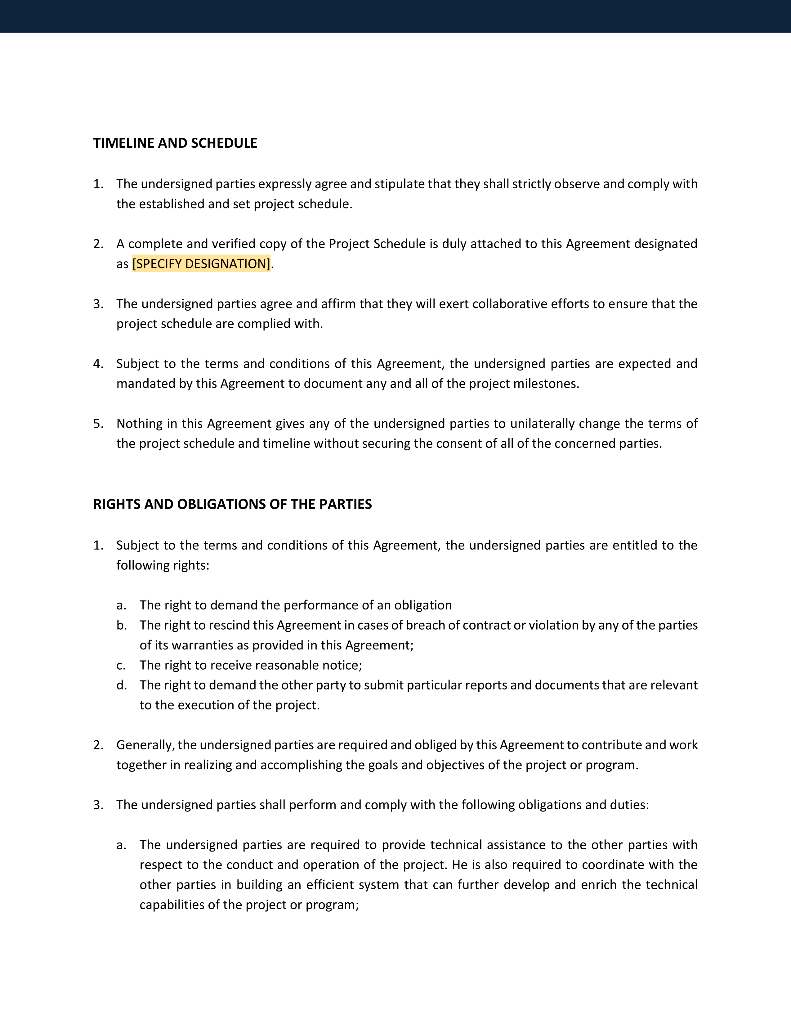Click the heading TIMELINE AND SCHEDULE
click(175, 143)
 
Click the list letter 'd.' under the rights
click(121, 685)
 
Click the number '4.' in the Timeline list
click(98, 364)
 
